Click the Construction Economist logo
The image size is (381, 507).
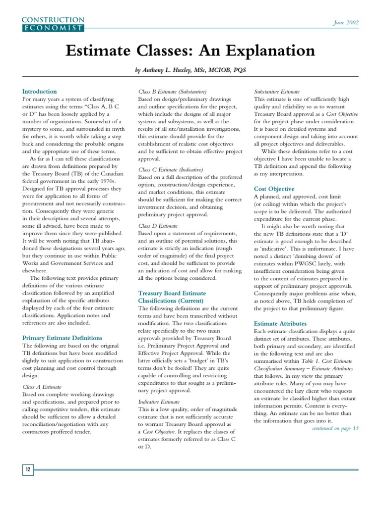pos(53,24)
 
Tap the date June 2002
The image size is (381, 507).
pos(346,23)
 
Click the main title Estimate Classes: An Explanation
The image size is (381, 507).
pos(190,51)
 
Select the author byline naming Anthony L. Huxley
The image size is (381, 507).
pos(190,71)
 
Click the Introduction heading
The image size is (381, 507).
pos(39,92)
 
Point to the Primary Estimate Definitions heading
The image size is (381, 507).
pos(63,338)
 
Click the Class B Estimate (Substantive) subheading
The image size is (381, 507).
pos(172,92)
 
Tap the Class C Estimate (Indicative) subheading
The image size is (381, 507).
pos(171,169)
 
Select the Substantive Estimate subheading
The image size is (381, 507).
pos(277,92)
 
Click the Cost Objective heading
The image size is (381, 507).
pos(274,189)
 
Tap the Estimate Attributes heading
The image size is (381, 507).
pos(280,324)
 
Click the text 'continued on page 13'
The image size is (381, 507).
pos(335,428)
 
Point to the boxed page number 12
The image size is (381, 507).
pos(28,469)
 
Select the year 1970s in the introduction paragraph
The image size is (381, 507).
pos(111,189)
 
